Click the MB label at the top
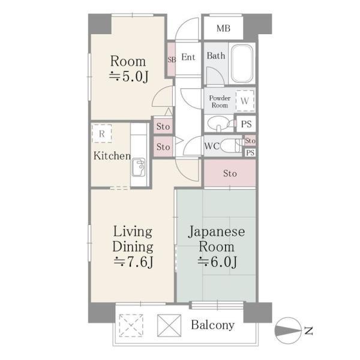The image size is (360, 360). [x=223, y=28]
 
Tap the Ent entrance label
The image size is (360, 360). [x=188, y=58]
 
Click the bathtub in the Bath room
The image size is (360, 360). [x=242, y=64]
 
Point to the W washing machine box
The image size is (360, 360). [x=244, y=100]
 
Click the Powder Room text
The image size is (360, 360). [x=220, y=101]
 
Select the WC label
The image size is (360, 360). [x=211, y=145]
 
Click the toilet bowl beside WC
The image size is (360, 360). [x=230, y=145]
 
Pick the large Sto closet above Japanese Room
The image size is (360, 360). [x=230, y=174]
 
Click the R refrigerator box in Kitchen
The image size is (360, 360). [x=102, y=134]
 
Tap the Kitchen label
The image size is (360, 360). [x=112, y=157]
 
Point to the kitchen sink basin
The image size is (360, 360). [x=139, y=166]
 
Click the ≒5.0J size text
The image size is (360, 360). [x=128, y=76]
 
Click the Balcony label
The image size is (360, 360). [x=213, y=325]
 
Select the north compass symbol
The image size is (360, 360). [x=290, y=329]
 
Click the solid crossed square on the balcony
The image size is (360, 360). [x=167, y=326]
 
